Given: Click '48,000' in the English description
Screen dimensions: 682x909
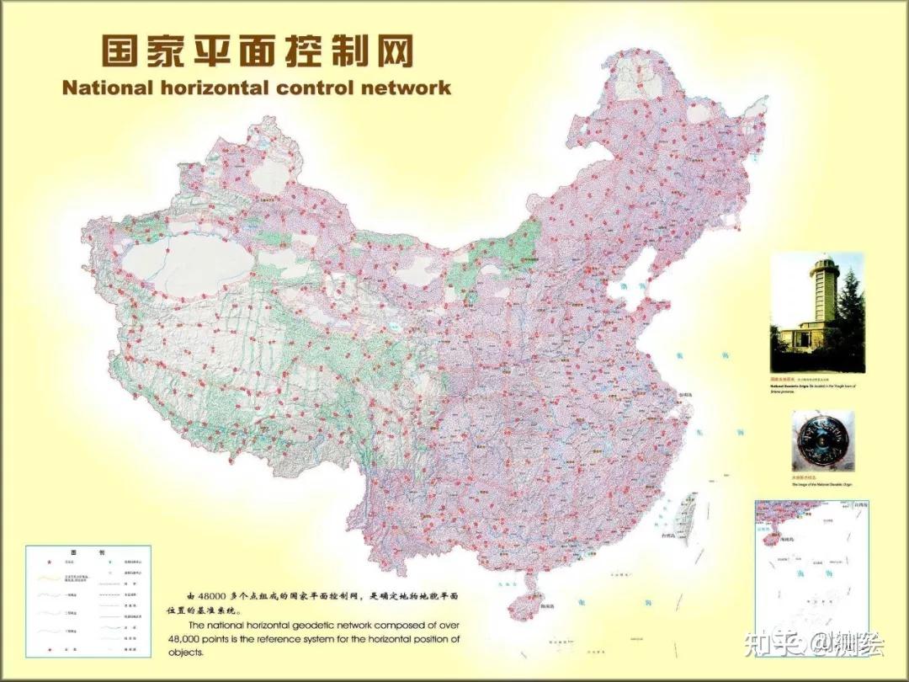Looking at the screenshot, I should [x=189, y=639].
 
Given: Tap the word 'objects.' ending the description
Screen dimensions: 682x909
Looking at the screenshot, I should [x=186, y=653].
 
